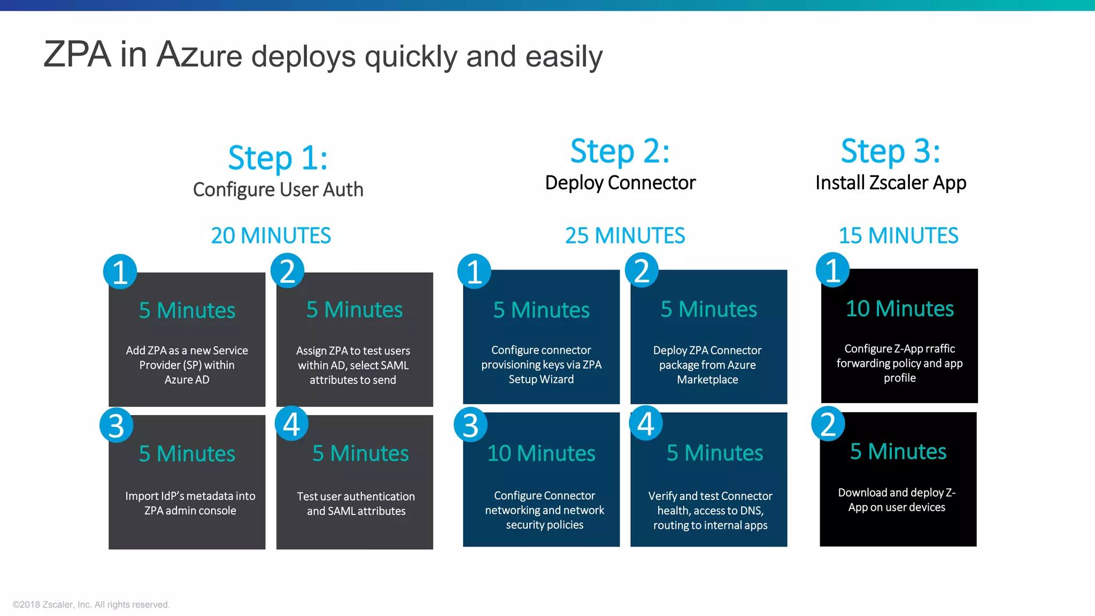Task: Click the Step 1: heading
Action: pos(277,158)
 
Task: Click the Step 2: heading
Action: pos(620,151)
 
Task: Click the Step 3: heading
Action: pos(890,151)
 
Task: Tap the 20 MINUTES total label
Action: pos(271,236)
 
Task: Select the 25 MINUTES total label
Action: pos(625,236)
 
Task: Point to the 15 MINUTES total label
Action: pos(898,236)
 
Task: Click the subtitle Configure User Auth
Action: pos(278,190)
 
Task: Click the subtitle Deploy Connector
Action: pos(620,183)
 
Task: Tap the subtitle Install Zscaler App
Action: pos(891,183)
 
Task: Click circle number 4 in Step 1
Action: pos(291,424)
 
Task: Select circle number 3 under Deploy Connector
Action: pos(471,425)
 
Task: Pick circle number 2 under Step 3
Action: pos(828,424)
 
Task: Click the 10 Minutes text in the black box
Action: pos(899,309)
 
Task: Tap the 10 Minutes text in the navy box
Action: pos(541,453)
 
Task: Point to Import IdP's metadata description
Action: pos(190,503)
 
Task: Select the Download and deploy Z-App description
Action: pos(897,499)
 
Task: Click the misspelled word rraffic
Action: pos(940,349)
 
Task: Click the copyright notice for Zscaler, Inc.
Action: pos(91,604)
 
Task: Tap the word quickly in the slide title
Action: pos(411,57)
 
